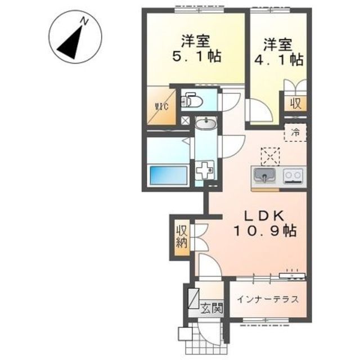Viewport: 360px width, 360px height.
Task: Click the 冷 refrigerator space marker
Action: (x=295, y=134)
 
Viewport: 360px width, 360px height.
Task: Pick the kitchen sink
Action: (x=263, y=176)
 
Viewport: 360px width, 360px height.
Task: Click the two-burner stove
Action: (x=293, y=176)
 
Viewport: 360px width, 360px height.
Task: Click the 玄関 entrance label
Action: (x=213, y=308)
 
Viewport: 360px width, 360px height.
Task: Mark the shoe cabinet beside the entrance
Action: (x=193, y=298)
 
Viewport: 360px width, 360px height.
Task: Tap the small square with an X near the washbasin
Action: (x=186, y=120)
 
